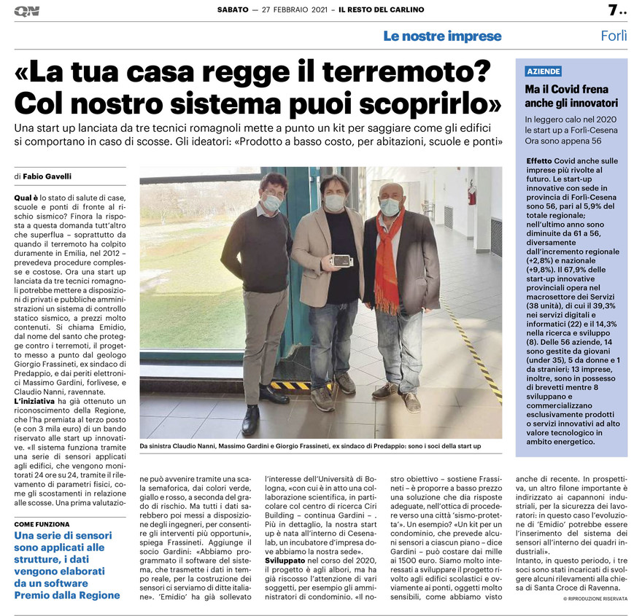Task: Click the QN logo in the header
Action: pyautogui.click(x=26, y=11)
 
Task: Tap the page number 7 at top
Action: pyautogui.click(x=613, y=10)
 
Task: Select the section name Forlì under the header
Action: pyautogui.click(x=614, y=36)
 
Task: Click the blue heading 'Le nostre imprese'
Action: pyautogui.click(x=443, y=36)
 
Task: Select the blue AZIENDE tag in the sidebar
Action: pyautogui.click(x=544, y=71)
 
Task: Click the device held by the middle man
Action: pyautogui.click(x=341, y=260)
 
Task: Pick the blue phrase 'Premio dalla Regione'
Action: pyautogui.click(x=67, y=595)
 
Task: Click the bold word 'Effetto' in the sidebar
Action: pyautogui.click(x=538, y=160)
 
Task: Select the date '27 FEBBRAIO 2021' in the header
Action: pyautogui.click(x=291, y=10)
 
